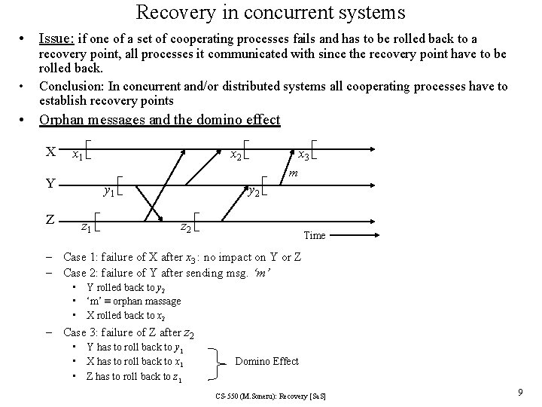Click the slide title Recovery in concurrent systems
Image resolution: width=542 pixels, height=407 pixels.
270,13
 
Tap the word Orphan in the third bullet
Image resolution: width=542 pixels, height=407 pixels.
62,120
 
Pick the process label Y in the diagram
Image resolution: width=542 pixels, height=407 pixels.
50,182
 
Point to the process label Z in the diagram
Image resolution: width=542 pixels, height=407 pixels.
50,220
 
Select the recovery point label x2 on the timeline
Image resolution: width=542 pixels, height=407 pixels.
236,155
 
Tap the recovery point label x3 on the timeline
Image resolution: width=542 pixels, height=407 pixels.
303,155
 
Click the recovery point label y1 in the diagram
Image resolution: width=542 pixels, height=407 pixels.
109,192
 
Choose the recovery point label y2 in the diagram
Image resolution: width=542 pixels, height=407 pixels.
255,192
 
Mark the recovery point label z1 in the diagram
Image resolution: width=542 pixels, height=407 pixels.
87,225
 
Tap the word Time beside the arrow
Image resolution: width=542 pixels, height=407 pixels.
314,236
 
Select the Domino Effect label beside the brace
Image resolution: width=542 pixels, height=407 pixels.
267,362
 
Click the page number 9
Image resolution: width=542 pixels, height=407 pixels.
521,392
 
